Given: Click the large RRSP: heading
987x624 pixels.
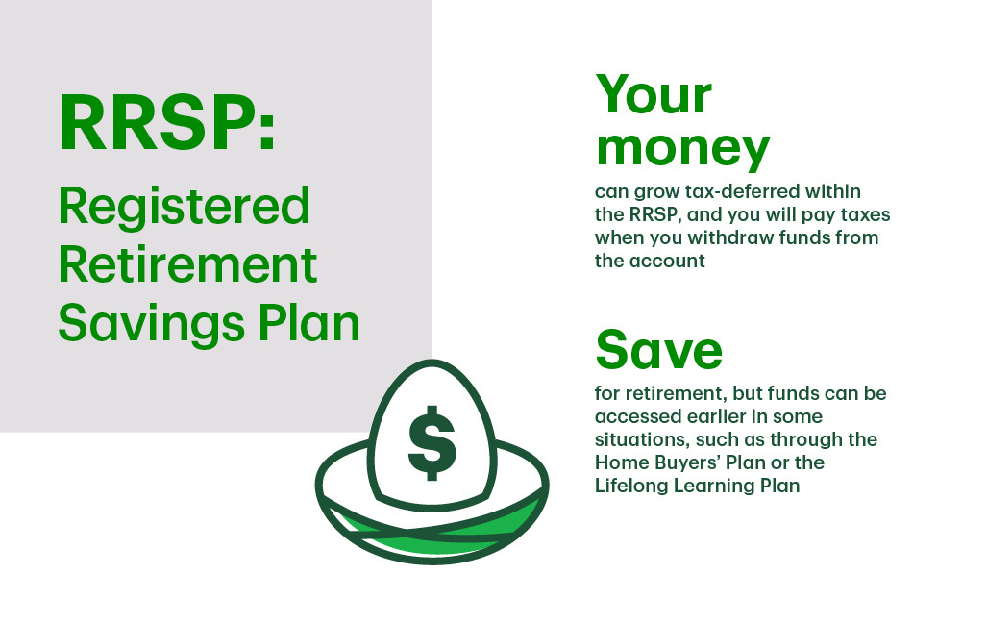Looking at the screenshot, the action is coord(167,122).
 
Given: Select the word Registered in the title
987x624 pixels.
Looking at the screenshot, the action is coord(184,207).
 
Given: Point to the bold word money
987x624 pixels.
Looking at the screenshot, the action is coord(683,149).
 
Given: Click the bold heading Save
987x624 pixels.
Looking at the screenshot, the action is coord(659,350).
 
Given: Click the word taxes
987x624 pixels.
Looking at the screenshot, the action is coord(863,214).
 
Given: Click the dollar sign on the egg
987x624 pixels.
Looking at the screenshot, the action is coord(432,443).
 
